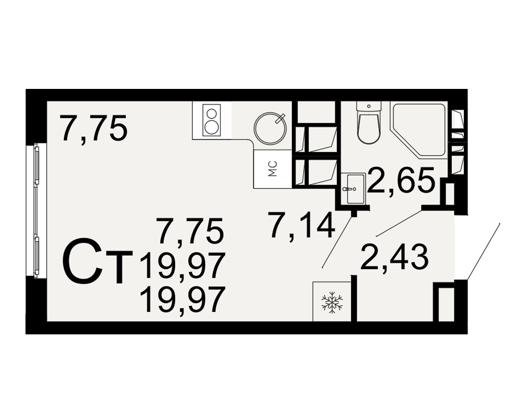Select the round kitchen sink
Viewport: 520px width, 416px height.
click(x=270, y=129)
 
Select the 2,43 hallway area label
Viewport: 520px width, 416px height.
click(x=394, y=257)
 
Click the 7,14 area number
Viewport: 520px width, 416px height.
click(x=303, y=226)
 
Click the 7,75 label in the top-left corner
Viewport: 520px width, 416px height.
click(x=93, y=128)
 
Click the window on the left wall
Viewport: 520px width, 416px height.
click(x=36, y=210)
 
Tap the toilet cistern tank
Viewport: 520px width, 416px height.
click(x=369, y=107)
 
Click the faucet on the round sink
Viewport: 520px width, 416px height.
click(x=280, y=118)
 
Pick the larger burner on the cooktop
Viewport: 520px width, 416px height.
click(x=211, y=127)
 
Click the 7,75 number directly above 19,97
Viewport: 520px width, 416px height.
click(x=191, y=230)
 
